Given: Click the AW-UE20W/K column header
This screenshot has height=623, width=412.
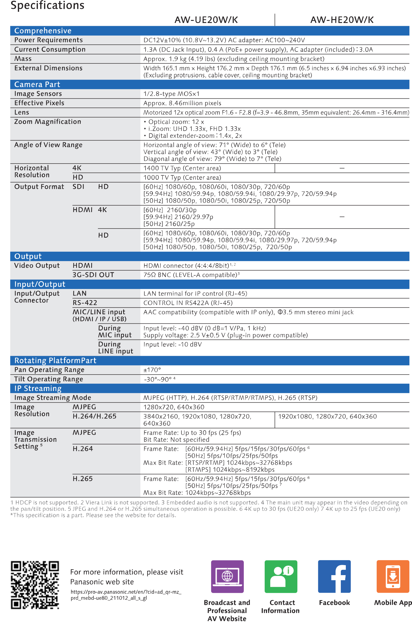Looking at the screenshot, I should pyautogui.click(x=206, y=20).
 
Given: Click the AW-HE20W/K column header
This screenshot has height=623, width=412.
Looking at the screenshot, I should pyautogui.click(x=342, y=20).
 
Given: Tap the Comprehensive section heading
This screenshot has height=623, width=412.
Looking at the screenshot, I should pyautogui.click(x=43, y=31).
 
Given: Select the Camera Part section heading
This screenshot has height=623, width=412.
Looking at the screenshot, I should pyautogui.click(x=37, y=85).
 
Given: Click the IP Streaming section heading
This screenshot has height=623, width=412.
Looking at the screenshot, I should pyautogui.click(x=38, y=388).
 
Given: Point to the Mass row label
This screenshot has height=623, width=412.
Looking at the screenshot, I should pyautogui.click(x=23, y=59).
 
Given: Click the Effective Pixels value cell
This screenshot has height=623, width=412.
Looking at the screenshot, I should pyautogui.click(x=182, y=103).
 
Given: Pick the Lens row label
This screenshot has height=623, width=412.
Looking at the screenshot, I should pyautogui.click(x=22, y=112).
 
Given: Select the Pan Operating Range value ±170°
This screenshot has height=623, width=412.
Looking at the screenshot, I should pyautogui.click(x=152, y=370).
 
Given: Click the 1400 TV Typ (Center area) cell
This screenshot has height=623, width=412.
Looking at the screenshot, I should pyautogui.click(x=182, y=168).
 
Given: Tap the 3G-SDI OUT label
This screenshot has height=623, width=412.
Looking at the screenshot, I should pyautogui.click(x=93, y=275).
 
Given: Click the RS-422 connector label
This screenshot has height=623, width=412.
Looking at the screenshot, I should pyautogui.click(x=85, y=303).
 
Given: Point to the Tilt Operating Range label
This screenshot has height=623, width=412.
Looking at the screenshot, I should pyautogui.click(x=49, y=379).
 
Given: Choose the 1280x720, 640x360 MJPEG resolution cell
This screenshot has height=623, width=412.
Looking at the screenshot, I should pyautogui.click(x=174, y=407).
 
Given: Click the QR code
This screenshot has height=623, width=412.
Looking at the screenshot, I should pyautogui.click(x=35, y=585).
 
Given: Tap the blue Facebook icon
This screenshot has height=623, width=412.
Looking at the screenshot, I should pyautogui.click(x=334, y=576).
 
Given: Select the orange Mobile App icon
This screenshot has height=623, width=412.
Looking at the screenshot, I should pyautogui.click(x=393, y=576).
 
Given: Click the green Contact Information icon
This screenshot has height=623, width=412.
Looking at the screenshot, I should pyautogui.click(x=281, y=576).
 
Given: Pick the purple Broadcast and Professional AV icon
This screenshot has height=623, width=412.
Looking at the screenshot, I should pyautogui.click(x=227, y=576).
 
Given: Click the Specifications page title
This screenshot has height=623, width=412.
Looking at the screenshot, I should pyautogui.click(x=48, y=5).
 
